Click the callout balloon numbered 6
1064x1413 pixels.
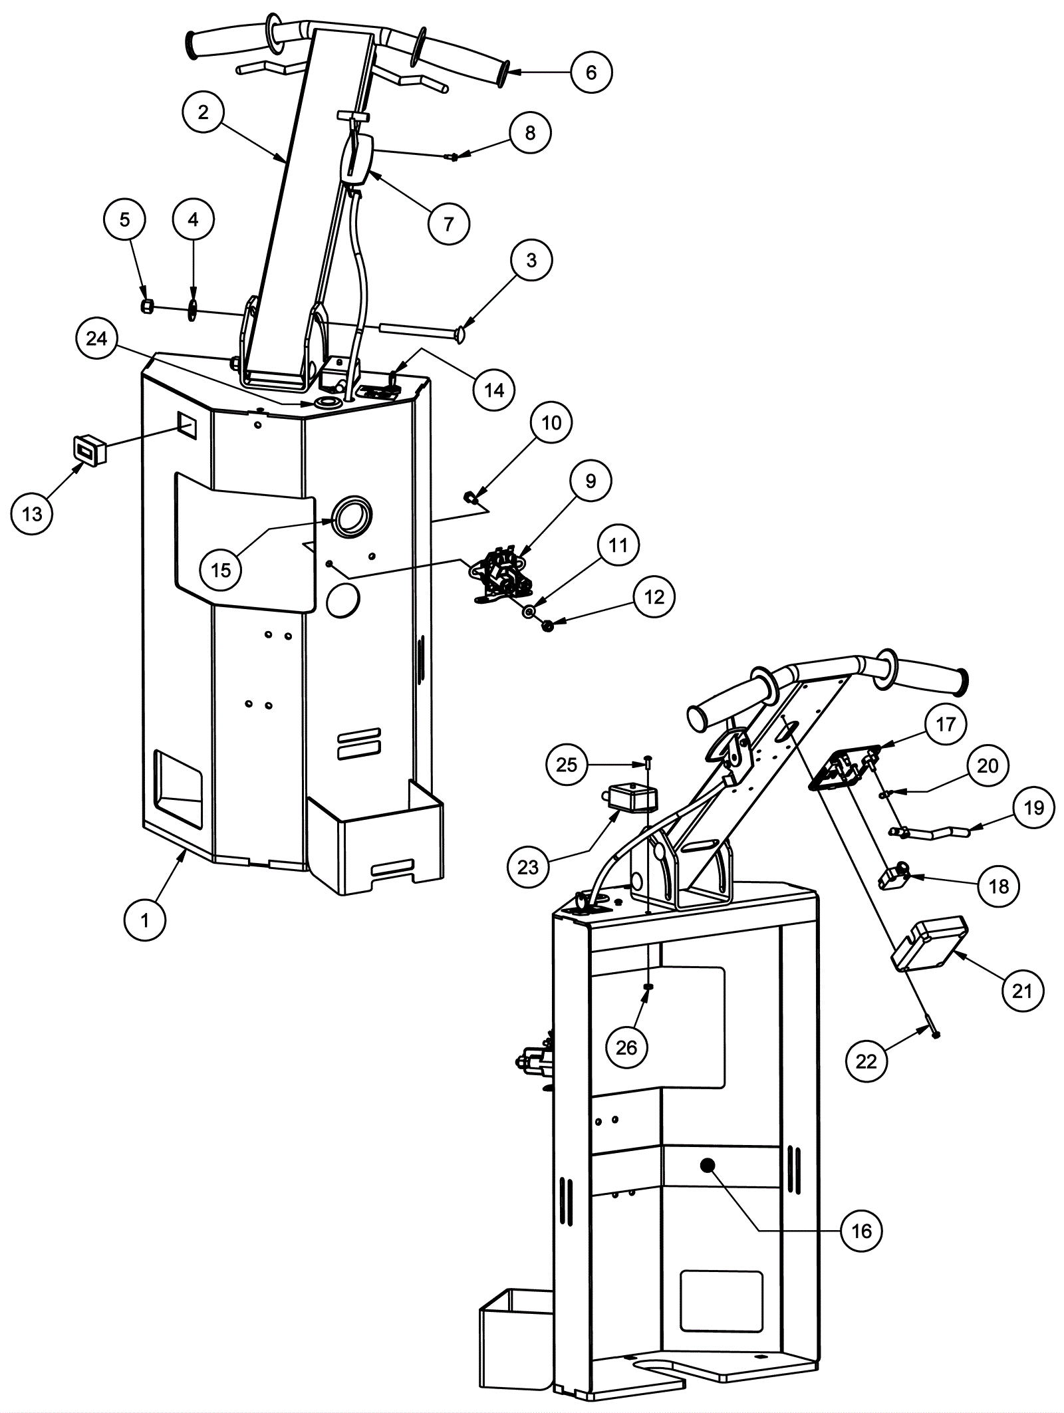point(591,72)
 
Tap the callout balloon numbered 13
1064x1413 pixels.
point(32,513)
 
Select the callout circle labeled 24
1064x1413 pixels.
point(96,338)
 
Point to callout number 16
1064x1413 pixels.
point(861,1230)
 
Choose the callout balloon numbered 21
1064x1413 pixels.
point(1022,990)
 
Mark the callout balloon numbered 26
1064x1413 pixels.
point(626,1047)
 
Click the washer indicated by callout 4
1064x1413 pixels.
point(192,309)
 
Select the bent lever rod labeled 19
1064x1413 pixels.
point(931,831)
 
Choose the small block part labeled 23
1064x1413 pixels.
point(632,797)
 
